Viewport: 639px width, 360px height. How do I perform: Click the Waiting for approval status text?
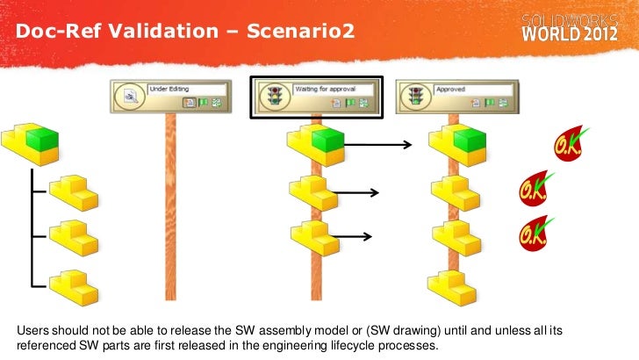pos(326,89)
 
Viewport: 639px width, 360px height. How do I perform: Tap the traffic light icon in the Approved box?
pos(414,96)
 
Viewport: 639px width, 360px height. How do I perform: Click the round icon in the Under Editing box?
pos(127,96)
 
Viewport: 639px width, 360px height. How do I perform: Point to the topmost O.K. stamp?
pos(569,146)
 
